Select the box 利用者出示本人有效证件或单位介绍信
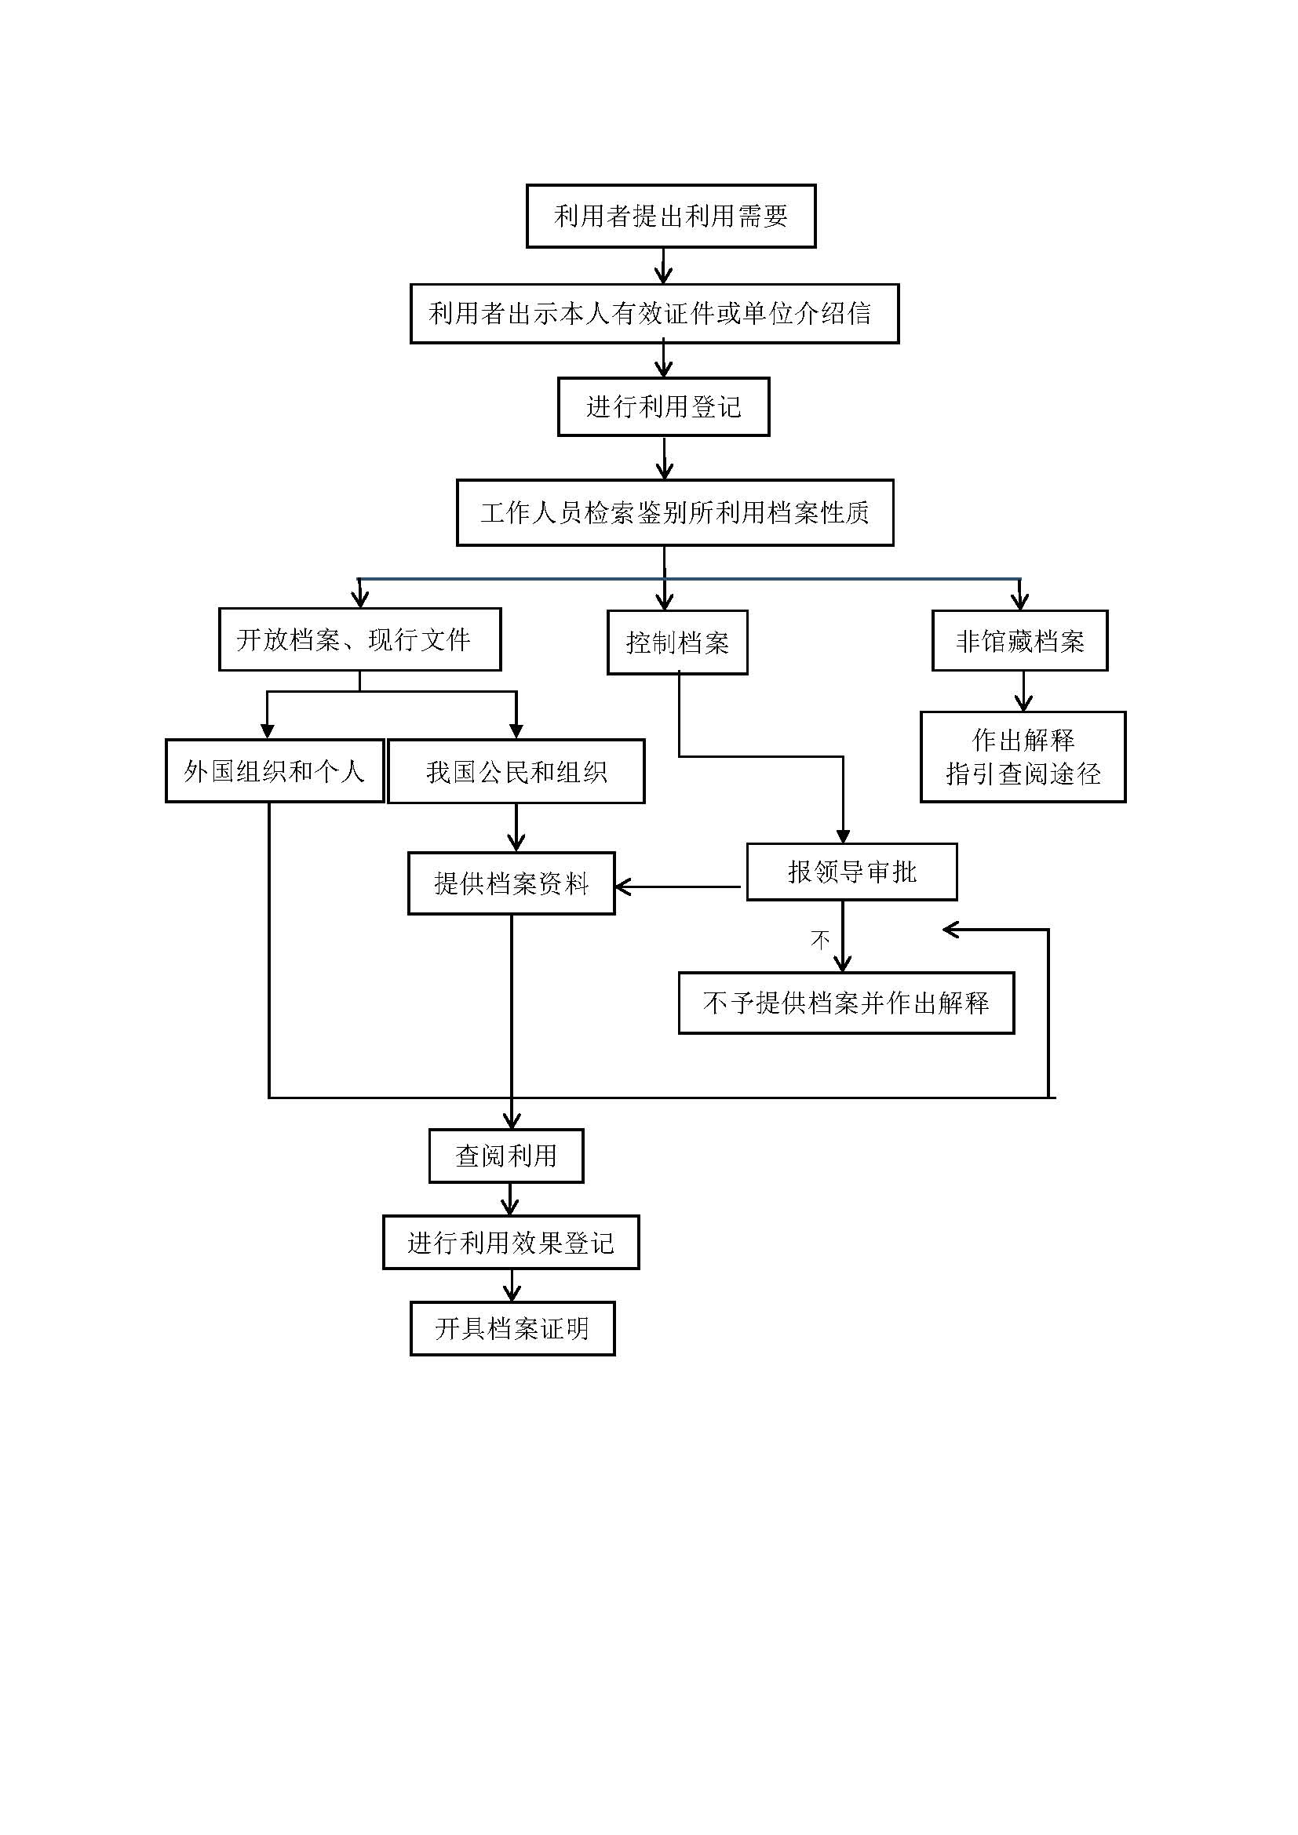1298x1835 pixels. click(654, 313)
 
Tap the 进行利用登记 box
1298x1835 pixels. click(663, 407)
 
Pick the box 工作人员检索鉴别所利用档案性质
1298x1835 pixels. click(675, 512)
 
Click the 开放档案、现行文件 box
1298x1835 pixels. click(359, 639)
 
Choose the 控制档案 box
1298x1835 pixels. click(677, 643)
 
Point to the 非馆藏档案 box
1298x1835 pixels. click(1020, 641)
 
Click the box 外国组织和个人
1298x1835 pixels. click(274, 771)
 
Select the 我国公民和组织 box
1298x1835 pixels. click(516, 771)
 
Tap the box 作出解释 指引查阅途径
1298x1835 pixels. click(1023, 757)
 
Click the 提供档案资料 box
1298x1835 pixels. click(512, 883)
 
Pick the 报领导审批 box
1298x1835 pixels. click(852, 872)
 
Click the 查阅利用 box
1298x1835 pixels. click(506, 1156)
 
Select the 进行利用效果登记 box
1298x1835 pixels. click(511, 1242)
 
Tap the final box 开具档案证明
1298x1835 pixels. click(512, 1328)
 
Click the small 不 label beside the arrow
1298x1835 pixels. click(820, 939)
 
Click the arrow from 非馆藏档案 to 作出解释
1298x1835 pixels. click(1023, 690)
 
